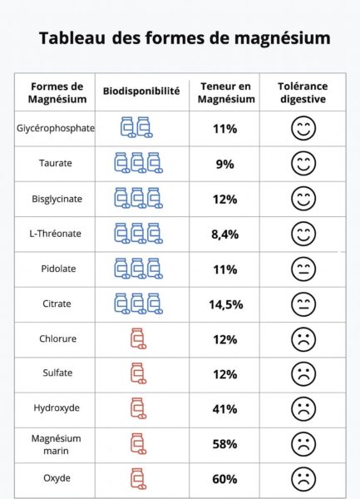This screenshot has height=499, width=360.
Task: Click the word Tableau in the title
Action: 72,37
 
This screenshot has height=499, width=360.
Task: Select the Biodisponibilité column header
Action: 141,91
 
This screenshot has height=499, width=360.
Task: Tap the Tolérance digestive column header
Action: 303,92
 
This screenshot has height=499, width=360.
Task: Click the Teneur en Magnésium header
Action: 226,92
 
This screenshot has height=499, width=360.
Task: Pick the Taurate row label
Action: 56,163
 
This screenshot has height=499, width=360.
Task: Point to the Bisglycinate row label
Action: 57,199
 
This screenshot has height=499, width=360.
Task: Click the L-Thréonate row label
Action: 56,234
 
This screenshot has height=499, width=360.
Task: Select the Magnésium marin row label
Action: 56,444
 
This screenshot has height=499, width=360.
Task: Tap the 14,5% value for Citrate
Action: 226,304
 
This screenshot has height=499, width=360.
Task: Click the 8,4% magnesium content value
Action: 224,235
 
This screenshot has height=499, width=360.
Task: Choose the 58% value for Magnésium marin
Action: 224,444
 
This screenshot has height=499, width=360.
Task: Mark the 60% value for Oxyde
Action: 224,479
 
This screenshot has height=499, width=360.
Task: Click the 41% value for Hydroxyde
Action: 224,409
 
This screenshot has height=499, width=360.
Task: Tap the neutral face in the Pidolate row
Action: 303,269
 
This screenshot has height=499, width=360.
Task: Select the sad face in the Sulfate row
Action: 303,374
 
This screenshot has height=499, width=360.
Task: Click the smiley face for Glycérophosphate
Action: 303,128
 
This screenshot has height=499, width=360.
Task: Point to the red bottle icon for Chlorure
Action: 138,338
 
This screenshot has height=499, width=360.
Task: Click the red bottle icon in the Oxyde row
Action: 138,479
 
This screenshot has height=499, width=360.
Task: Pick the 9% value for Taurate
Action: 224,164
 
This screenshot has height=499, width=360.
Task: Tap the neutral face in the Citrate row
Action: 303,304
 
